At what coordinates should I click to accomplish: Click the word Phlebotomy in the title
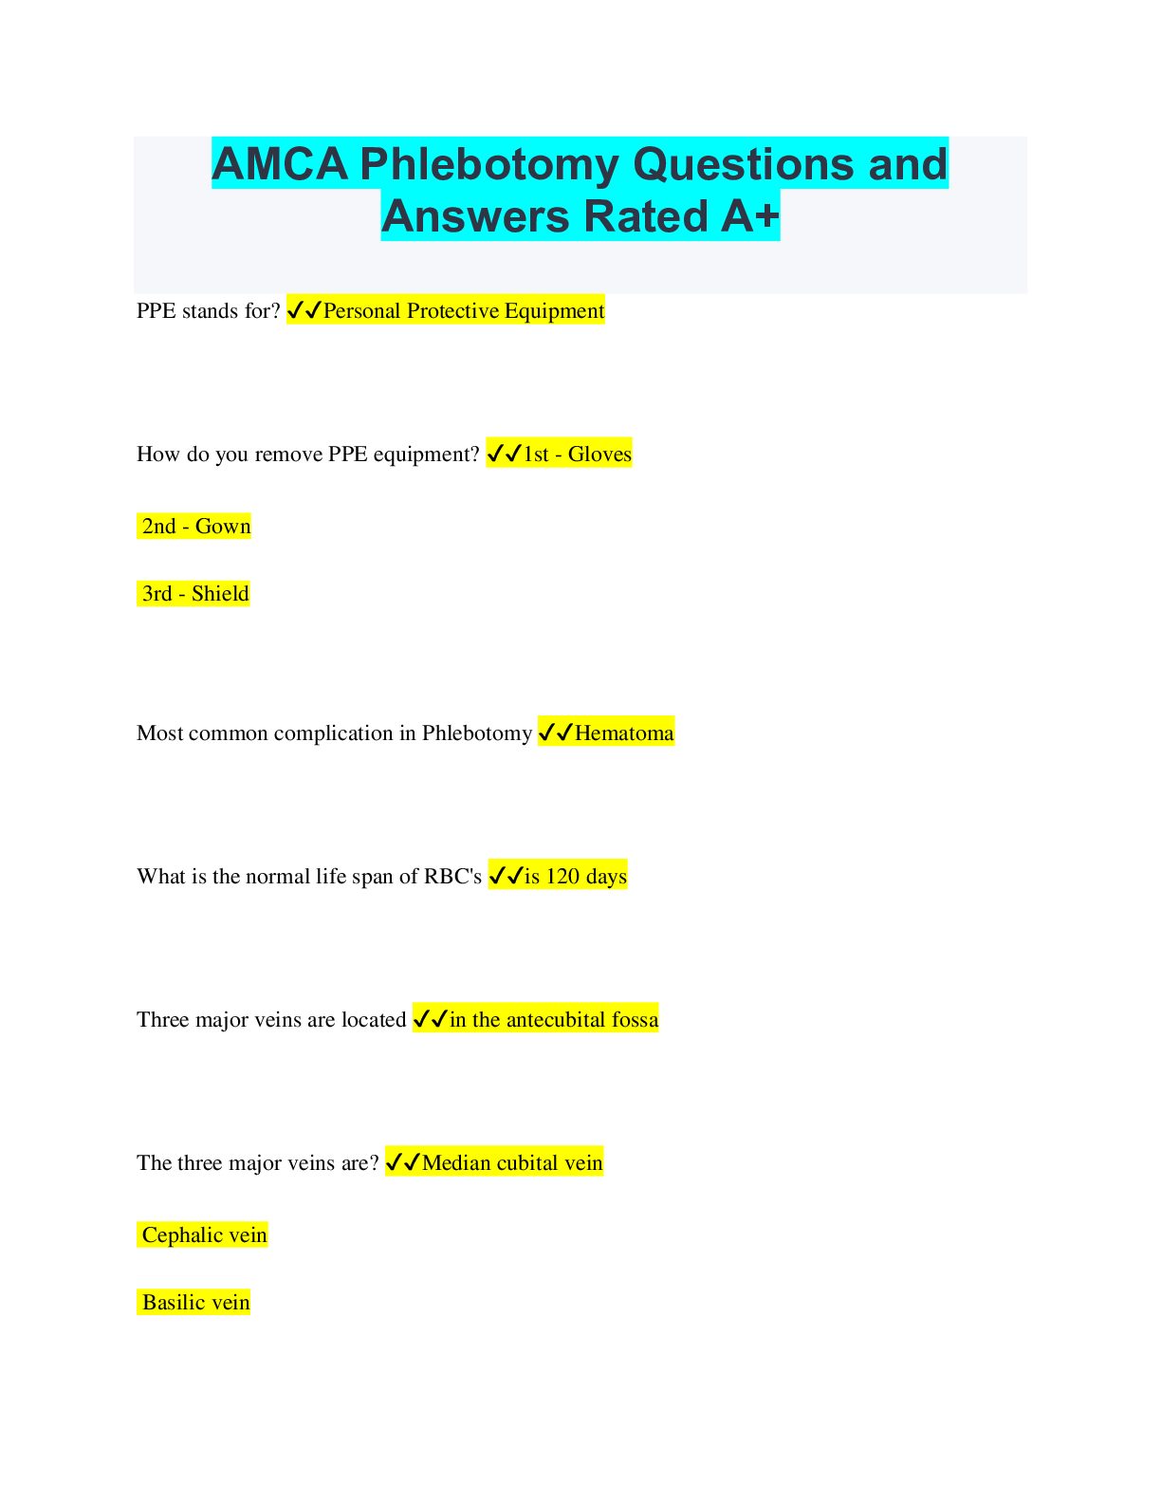(489, 164)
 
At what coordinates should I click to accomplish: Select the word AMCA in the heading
(280, 164)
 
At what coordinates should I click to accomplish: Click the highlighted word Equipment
(554, 311)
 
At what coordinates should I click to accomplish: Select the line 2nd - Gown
(196, 527)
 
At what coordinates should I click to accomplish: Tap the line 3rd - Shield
(195, 594)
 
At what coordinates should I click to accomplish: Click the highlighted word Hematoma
(624, 733)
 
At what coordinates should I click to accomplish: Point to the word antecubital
(556, 1020)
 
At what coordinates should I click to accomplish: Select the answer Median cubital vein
(512, 1163)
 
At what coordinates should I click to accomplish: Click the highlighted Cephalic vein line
(204, 1235)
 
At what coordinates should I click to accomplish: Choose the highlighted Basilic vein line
(195, 1303)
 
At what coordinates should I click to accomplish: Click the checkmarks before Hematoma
(556, 733)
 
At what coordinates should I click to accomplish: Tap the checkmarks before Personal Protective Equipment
(304, 311)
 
